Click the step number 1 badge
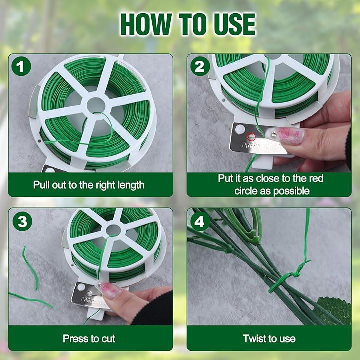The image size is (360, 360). pos(21,66)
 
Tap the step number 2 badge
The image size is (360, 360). pos(200,66)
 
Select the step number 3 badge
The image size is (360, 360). pos(22,221)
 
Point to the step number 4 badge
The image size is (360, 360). pos(199,221)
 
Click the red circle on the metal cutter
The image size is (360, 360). pos(250,137)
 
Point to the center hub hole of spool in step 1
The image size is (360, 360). pos(96,105)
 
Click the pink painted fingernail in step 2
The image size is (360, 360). pos(291,136)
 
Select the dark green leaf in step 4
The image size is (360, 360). pos(334,310)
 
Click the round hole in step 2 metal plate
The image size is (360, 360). pos(240,129)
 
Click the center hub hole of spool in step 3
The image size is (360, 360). pos(113,230)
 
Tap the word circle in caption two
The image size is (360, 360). pos(246,191)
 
